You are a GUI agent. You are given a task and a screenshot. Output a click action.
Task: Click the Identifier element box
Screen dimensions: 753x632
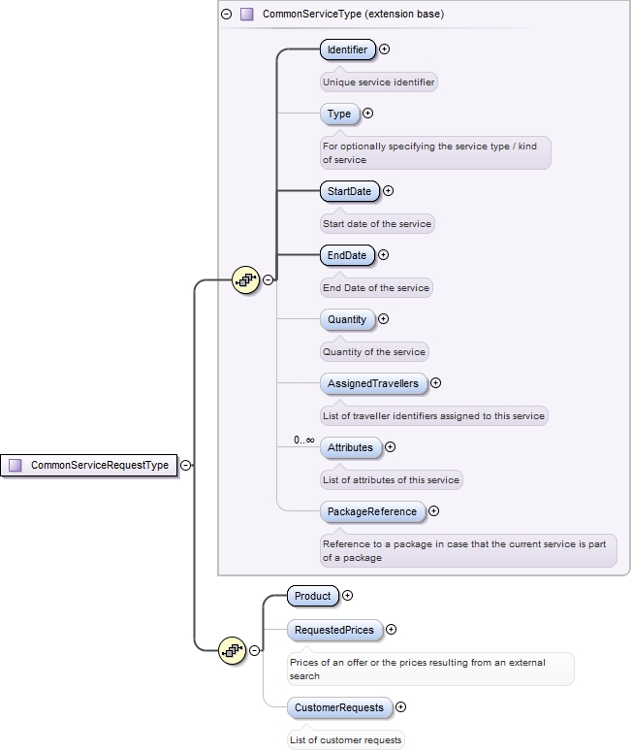[347, 49]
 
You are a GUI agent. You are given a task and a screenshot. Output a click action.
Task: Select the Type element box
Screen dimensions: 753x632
[339, 114]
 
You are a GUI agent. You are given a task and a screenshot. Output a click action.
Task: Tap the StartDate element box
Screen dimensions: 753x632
[349, 191]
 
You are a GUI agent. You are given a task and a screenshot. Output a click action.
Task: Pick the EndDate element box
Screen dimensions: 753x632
[347, 255]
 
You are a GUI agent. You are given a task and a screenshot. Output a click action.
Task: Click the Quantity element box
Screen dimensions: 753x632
[347, 319]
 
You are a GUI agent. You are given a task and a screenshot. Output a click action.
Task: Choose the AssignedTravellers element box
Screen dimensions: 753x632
[373, 383]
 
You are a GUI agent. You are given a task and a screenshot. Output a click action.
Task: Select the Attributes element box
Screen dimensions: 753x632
[350, 447]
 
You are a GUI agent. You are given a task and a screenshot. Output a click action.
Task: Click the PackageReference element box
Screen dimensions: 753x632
[372, 511]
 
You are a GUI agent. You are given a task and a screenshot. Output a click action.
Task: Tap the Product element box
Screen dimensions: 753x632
[313, 596]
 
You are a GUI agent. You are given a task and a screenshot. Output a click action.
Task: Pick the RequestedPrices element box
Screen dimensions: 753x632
[334, 630]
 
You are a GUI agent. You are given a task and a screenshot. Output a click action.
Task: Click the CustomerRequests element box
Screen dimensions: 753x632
[339, 707]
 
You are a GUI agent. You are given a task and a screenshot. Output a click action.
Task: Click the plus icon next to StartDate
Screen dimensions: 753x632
[389, 191]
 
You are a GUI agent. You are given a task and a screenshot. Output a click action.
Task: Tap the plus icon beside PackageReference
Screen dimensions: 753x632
[433, 511]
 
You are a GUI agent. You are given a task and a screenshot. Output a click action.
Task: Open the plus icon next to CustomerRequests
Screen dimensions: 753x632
[400, 707]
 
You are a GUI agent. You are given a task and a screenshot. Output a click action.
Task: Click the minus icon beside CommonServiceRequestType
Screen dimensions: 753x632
[185, 465]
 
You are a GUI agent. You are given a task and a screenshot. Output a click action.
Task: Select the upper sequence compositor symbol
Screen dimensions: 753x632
[246, 280]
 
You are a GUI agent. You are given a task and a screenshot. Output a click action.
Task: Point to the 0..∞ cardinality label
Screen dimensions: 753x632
[304, 441]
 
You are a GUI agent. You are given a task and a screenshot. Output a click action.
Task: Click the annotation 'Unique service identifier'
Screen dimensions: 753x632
[379, 82]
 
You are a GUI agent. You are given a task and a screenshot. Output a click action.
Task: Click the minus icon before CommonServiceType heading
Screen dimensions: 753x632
[226, 15]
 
